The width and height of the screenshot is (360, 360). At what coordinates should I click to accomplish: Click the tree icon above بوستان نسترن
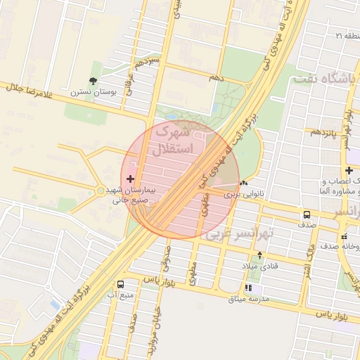coord(94,82)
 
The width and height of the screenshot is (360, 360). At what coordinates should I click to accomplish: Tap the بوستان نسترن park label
coord(88,92)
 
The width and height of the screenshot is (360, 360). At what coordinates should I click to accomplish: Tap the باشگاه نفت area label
coord(333,79)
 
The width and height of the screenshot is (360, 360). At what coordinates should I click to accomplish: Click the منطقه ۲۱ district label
coord(347,34)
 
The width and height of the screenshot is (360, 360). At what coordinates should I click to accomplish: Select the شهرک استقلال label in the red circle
coord(172,140)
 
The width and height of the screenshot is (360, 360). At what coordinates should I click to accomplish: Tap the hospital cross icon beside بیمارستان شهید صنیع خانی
coord(130,179)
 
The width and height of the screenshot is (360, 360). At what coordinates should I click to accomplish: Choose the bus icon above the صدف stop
coord(307,215)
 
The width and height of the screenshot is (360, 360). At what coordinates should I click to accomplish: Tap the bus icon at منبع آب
coord(121,284)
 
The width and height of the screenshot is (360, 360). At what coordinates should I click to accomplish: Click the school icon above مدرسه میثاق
coord(247,288)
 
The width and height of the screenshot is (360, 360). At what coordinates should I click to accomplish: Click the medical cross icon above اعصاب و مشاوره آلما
coord(349,170)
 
